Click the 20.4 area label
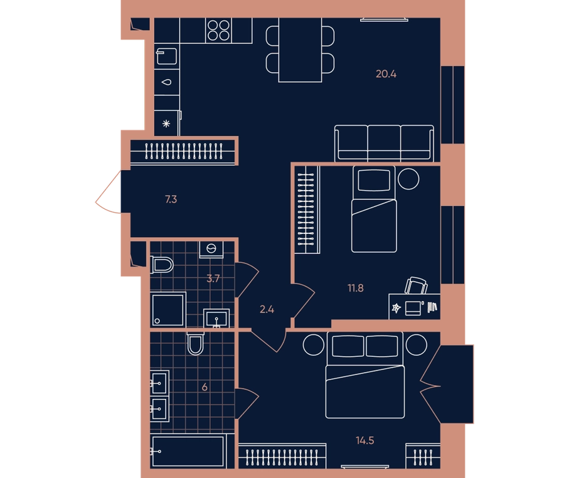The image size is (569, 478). pyautogui.click(x=386, y=74)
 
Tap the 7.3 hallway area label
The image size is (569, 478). pyautogui.click(x=171, y=199)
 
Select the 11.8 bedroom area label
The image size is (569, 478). pyautogui.click(x=355, y=288)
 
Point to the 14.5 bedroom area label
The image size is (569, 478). pyautogui.click(x=364, y=440)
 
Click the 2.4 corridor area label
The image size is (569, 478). pyautogui.click(x=267, y=309)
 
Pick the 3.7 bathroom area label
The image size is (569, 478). pyautogui.click(x=213, y=279)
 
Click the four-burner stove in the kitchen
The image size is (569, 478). pyautogui.click(x=218, y=30)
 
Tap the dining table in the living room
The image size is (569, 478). pyautogui.click(x=300, y=50)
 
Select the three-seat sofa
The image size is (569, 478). pyautogui.click(x=384, y=144)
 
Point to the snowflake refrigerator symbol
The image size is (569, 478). pyautogui.click(x=166, y=124)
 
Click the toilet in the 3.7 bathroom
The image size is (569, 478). pyautogui.click(x=162, y=265)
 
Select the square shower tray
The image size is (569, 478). pyautogui.click(x=168, y=310)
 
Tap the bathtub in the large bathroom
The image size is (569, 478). pyautogui.click(x=188, y=451)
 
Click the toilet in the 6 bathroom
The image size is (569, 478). pyautogui.click(x=195, y=343)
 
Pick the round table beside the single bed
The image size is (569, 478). pyautogui.click(x=408, y=179)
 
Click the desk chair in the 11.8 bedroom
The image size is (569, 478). pyautogui.click(x=416, y=285)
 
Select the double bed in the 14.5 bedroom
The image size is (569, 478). pyautogui.click(x=365, y=375)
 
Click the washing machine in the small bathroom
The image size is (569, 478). pyautogui.click(x=211, y=249)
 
